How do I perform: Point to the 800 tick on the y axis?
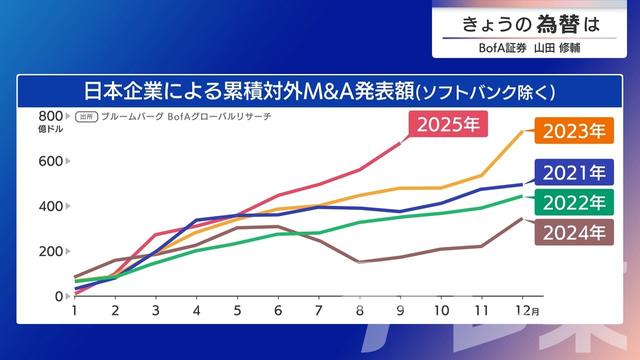(51, 116)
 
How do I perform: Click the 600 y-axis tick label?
(51, 161)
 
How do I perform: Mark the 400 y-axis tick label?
(51, 206)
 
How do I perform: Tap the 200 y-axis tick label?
(51, 251)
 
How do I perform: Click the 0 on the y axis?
(59, 296)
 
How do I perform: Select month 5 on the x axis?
(237, 312)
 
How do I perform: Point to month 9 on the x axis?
(399, 312)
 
